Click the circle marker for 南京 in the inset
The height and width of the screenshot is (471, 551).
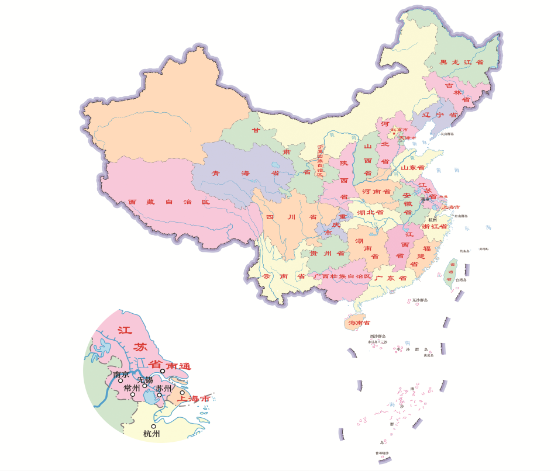pos(120,380)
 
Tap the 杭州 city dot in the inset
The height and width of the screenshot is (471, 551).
pos(153,426)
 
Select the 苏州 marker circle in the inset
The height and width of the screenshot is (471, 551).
pos(159,395)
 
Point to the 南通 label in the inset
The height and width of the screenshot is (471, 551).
pos(178,366)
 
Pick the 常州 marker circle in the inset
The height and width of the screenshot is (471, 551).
pos(133,394)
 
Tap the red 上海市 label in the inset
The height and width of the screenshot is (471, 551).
pos(194,399)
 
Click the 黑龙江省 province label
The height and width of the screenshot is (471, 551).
pos(462,62)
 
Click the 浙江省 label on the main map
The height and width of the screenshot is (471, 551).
pos(435,226)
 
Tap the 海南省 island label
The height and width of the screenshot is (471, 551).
pos(359,323)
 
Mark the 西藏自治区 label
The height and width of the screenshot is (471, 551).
pos(169,202)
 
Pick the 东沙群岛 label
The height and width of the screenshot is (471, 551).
pos(419,300)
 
